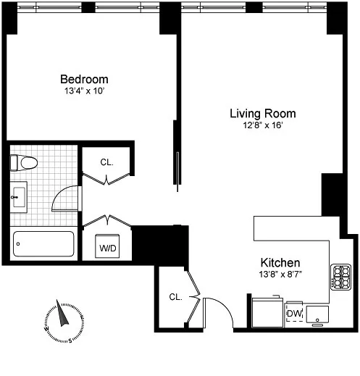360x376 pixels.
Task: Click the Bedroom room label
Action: click(84, 79)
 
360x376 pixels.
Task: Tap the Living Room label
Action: click(262, 114)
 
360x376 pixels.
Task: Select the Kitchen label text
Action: click(280, 262)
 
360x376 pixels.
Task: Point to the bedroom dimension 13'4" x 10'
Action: click(84, 91)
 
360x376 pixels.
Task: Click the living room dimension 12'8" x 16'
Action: click(262, 125)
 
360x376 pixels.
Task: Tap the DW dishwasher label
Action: click(294, 313)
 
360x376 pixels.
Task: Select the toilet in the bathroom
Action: click(25, 163)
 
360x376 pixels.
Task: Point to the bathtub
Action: click(43, 243)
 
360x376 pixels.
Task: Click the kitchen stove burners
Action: click(340, 276)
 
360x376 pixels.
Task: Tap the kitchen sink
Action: click(317, 313)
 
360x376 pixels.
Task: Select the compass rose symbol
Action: click(63, 321)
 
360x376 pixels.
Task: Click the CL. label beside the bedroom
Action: click(106, 162)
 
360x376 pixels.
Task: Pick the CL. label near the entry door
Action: click(175, 296)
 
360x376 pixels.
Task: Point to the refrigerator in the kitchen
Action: click(266, 312)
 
